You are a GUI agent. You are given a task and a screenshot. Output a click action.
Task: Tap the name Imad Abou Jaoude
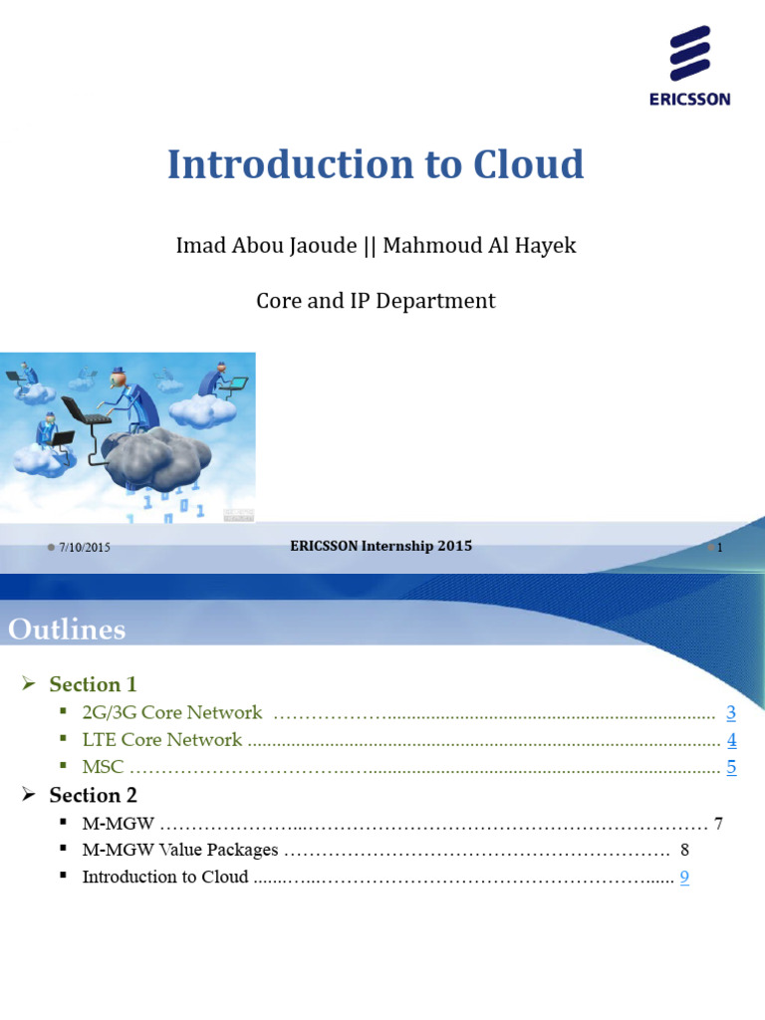tap(266, 245)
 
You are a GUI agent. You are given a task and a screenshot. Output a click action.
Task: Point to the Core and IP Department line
tap(376, 300)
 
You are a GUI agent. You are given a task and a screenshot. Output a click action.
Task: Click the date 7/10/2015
tap(85, 548)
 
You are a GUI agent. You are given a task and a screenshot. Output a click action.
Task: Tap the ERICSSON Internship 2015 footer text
tap(381, 546)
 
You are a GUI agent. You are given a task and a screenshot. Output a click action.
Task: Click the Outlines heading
tap(67, 630)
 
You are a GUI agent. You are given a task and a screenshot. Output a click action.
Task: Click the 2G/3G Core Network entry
tap(172, 712)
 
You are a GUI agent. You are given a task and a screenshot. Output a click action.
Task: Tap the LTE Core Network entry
tap(162, 740)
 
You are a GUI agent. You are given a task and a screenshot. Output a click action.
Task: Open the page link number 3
tap(730, 712)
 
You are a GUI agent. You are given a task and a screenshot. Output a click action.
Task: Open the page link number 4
tap(731, 740)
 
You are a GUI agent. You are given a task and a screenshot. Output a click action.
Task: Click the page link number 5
tap(731, 767)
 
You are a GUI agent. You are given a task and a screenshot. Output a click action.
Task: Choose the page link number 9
tap(684, 878)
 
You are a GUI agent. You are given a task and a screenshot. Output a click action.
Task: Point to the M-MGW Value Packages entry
tap(180, 851)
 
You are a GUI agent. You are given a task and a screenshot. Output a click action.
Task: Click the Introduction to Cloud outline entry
tap(165, 878)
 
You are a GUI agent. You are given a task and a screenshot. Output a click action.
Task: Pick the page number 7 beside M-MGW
tap(718, 824)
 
